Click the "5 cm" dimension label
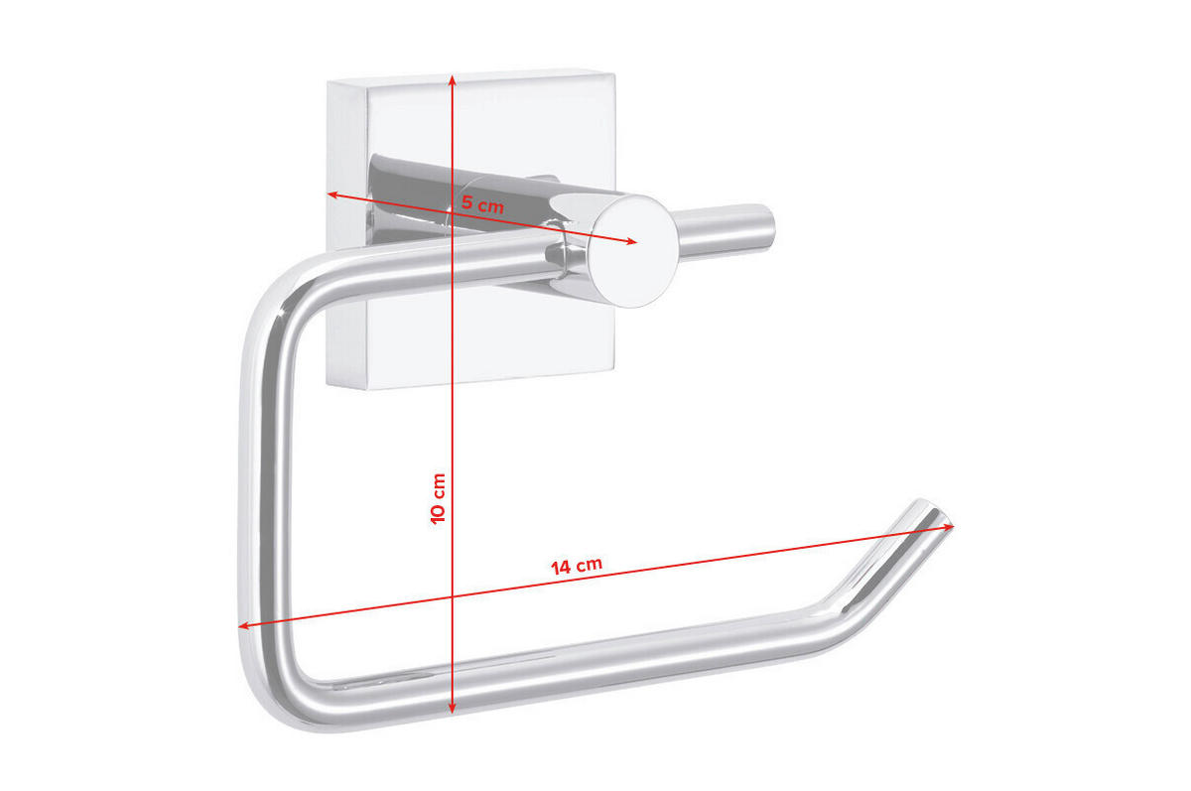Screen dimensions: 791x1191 coord(483,205)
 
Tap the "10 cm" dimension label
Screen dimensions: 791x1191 coord(439,498)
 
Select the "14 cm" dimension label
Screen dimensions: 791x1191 coord(577,566)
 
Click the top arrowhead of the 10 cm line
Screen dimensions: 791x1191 coord(453,77)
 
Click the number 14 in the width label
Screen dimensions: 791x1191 coord(562,568)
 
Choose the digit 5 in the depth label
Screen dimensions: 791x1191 coord(467,202)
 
